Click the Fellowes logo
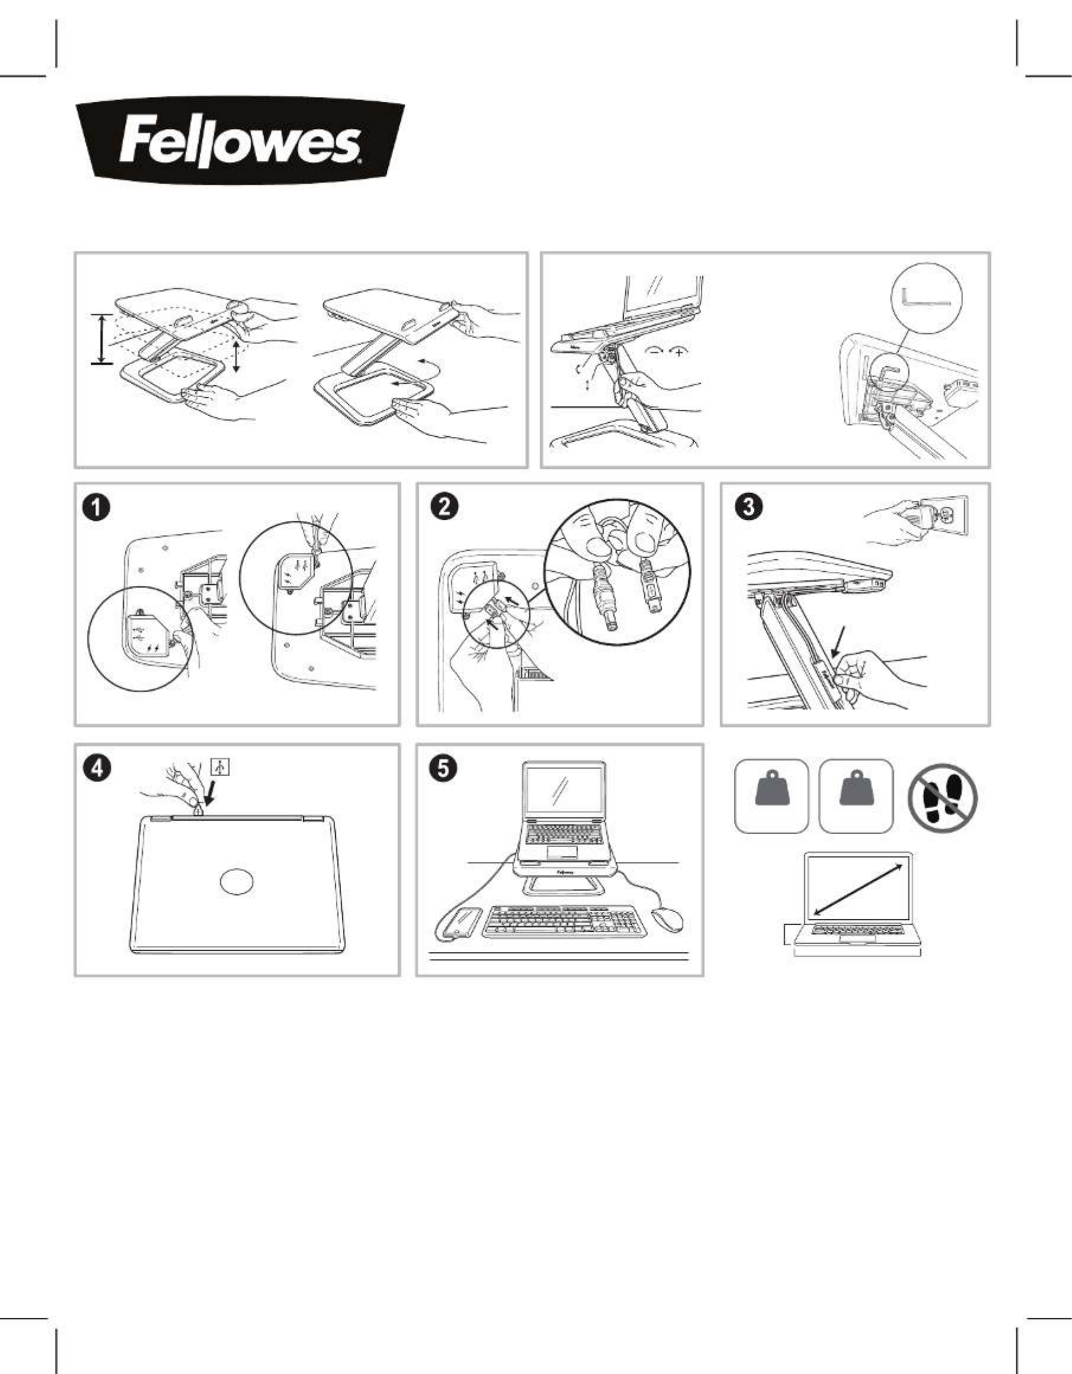pyautogui.click(x=239, y=140)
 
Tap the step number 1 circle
pyautogui.click(x=99, y=508)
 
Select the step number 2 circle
pyautogui.click(x=445, y=508)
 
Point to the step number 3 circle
pyautogui.click(x=749, y=508)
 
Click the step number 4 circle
pyautogui.click(x=99, y=768)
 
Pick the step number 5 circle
pyautogui.click(x=444, y=768)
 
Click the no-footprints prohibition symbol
pyautogui.click(x=942, y=798)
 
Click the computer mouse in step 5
pyautogui.click(x=667, y=919)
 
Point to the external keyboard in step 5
pyautogui.click(x=565, y=921)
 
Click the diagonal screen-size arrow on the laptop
pyautogui.click(x=858, y=890)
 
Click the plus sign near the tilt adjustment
pyautogui.click(x=679, y=352)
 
